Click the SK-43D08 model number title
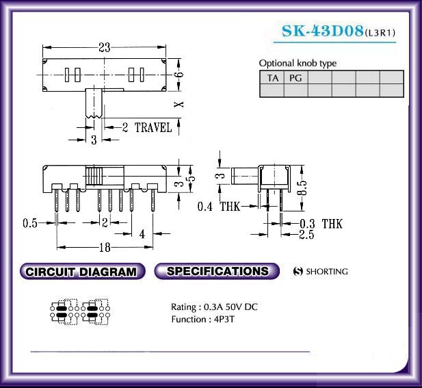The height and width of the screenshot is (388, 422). tap(322, 31)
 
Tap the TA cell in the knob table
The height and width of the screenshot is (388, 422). tap(272, 78)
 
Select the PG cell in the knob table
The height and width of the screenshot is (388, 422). tap(295, 78)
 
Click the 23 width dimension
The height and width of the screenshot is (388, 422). tap(105, 48)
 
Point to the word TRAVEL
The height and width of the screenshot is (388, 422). tap(153, 128)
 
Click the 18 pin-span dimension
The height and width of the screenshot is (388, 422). tap(105, 248)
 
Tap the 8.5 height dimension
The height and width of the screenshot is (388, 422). tap(302, 187)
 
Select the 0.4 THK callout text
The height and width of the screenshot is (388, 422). tap(219, 207)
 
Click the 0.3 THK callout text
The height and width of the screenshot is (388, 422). tap(321, 224)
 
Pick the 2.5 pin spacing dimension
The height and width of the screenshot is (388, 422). tap(306, 235)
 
